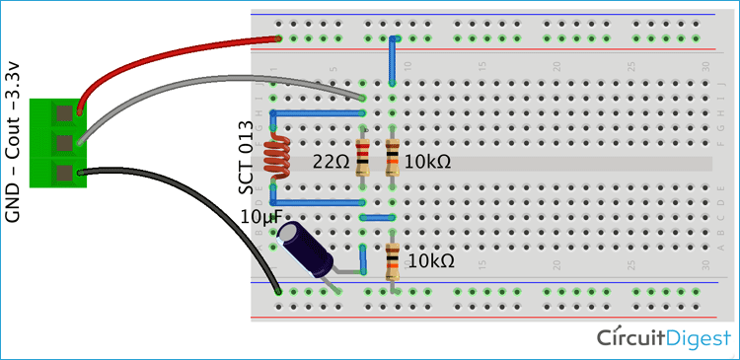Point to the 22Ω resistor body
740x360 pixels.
click(x=362, y=158)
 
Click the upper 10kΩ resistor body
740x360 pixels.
click(x=393, y=158)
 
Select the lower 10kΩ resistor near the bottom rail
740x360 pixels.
click(x=393, y=261)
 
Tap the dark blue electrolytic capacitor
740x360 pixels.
click(x=307, y=252)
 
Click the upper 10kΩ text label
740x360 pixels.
click(x=428, y=160)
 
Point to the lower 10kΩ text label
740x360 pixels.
click(x=431, y=261)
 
